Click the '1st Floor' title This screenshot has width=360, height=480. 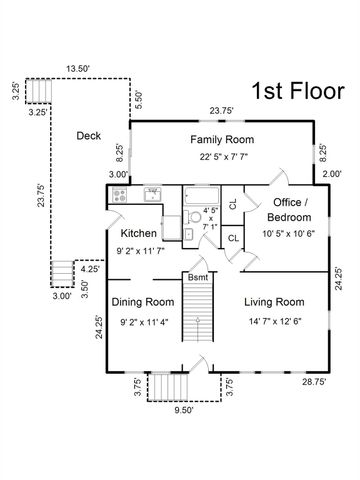(x=298, y=91)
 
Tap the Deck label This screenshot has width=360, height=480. (x=89, y=136)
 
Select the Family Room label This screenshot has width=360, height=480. (x=222, y=139)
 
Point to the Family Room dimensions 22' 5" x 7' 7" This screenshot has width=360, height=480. (x=224, y=157)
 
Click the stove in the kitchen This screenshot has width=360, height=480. (x=119, y=194)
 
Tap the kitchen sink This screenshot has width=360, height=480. (x=153, y=194)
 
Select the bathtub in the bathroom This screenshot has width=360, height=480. (x=202, y=196)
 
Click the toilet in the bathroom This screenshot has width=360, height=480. (x=193, y=217)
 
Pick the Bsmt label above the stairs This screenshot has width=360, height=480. (x=198, y=277)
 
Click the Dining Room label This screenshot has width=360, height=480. (x=143, y=302)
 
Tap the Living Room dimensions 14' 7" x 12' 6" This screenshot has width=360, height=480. (x=275, y=322)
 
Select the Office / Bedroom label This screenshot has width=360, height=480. (x=289, y=210)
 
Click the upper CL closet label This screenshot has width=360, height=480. (x=233, y=204)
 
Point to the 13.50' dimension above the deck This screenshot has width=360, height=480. (x=78, y=69)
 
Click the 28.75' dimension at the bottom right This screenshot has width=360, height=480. (x=314, y=382)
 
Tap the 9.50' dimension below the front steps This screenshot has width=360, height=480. (x=184, y=410)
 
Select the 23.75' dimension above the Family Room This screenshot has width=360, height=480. (x=221, y=111)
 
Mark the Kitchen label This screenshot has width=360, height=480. (x=138, y=233)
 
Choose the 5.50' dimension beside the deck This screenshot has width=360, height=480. (x=139, y=100)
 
